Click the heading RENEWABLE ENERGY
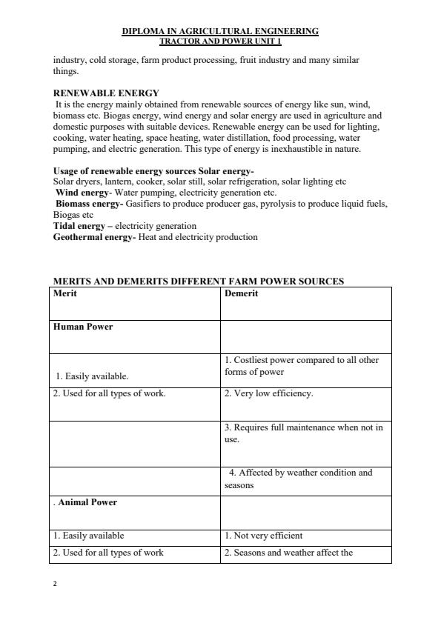[x=106, y=93]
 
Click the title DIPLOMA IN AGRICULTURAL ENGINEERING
[x=220, y=31]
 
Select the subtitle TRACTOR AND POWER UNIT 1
[x=220, y=41]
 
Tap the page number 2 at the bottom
[x=55, y=584]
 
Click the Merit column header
[x=65, y=293]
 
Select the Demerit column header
[x=241, y=293]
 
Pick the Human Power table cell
[x=83, y=327]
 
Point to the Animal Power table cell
[x=86, y=502]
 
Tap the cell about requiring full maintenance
[x=303, y=433]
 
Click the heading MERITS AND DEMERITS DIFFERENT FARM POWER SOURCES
[x=199, y=281]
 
